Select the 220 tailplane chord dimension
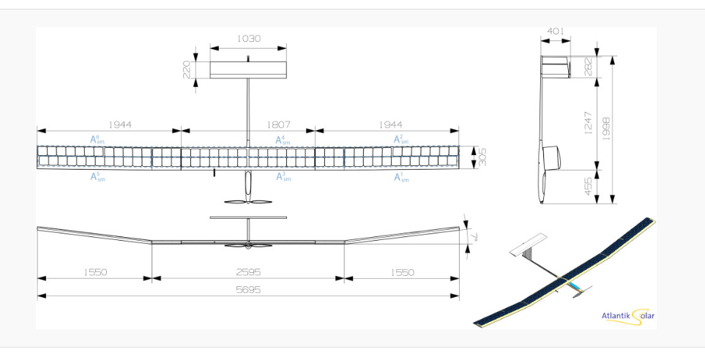click(x=187, y=70)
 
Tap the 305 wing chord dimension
click(x=480, y=156)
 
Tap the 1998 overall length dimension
click(x=607, y=129)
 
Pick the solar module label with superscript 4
click(x=283, y=139)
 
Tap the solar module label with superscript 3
click(x=283, y=177)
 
